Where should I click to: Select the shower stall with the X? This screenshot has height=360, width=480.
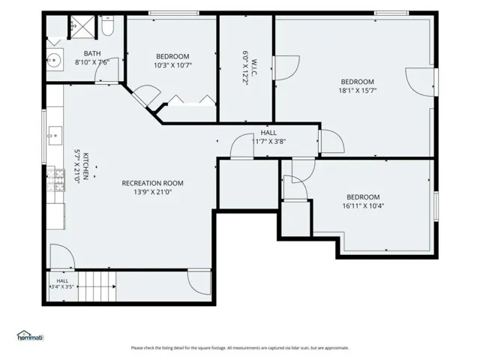(82, 27)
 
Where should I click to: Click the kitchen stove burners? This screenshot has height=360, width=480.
(55, 180)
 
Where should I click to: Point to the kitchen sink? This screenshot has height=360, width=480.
(55, 135)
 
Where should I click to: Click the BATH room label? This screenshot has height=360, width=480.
(92, 53)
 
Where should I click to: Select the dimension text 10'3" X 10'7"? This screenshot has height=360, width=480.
(172, 65)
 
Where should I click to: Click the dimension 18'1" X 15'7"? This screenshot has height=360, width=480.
(357, 91)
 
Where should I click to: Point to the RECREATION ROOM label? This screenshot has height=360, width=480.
(152, 183)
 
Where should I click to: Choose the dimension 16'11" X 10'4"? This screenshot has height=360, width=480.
(363, 205)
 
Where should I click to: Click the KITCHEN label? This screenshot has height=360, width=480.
(85, 166)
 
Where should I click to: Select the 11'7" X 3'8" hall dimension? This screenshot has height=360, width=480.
(268, 142)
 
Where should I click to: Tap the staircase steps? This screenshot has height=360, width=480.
(97, 286)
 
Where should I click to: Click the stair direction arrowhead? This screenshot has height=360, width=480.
(114, 286)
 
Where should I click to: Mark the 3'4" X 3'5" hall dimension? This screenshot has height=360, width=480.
(62, 287)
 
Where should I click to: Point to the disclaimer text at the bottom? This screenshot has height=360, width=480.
(240, 348)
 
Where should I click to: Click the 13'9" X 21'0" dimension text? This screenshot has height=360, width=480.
(152, 192)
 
